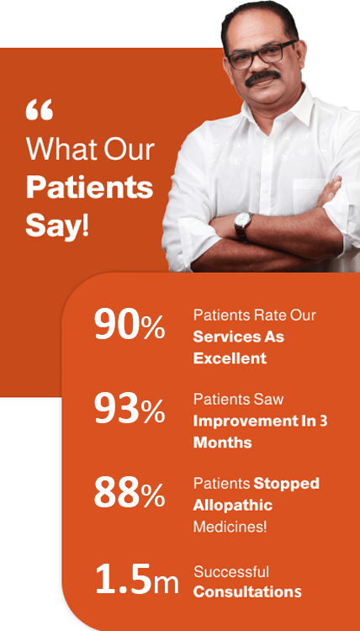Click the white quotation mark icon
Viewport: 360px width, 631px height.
tap(39, 110)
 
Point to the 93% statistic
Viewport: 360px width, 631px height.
tap(130, 408)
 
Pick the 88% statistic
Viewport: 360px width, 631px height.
tap(130, 492)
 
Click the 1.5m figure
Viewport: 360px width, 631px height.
tap(137, 579)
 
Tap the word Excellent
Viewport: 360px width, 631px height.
tap(230, 358)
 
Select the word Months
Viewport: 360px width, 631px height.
tap(222, 443)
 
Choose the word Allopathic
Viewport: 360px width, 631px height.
tap(233, 505)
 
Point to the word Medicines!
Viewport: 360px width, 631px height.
tap(230, 527)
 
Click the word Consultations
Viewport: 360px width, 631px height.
tap(247, 592)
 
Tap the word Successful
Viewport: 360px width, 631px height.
tap(231, 571)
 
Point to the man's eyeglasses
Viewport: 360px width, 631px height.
tap(262, 55)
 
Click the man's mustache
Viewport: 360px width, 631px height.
tap(262, 77)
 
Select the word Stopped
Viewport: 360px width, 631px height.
tap(286, 484)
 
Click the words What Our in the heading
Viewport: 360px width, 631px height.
tap(91, 149)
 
